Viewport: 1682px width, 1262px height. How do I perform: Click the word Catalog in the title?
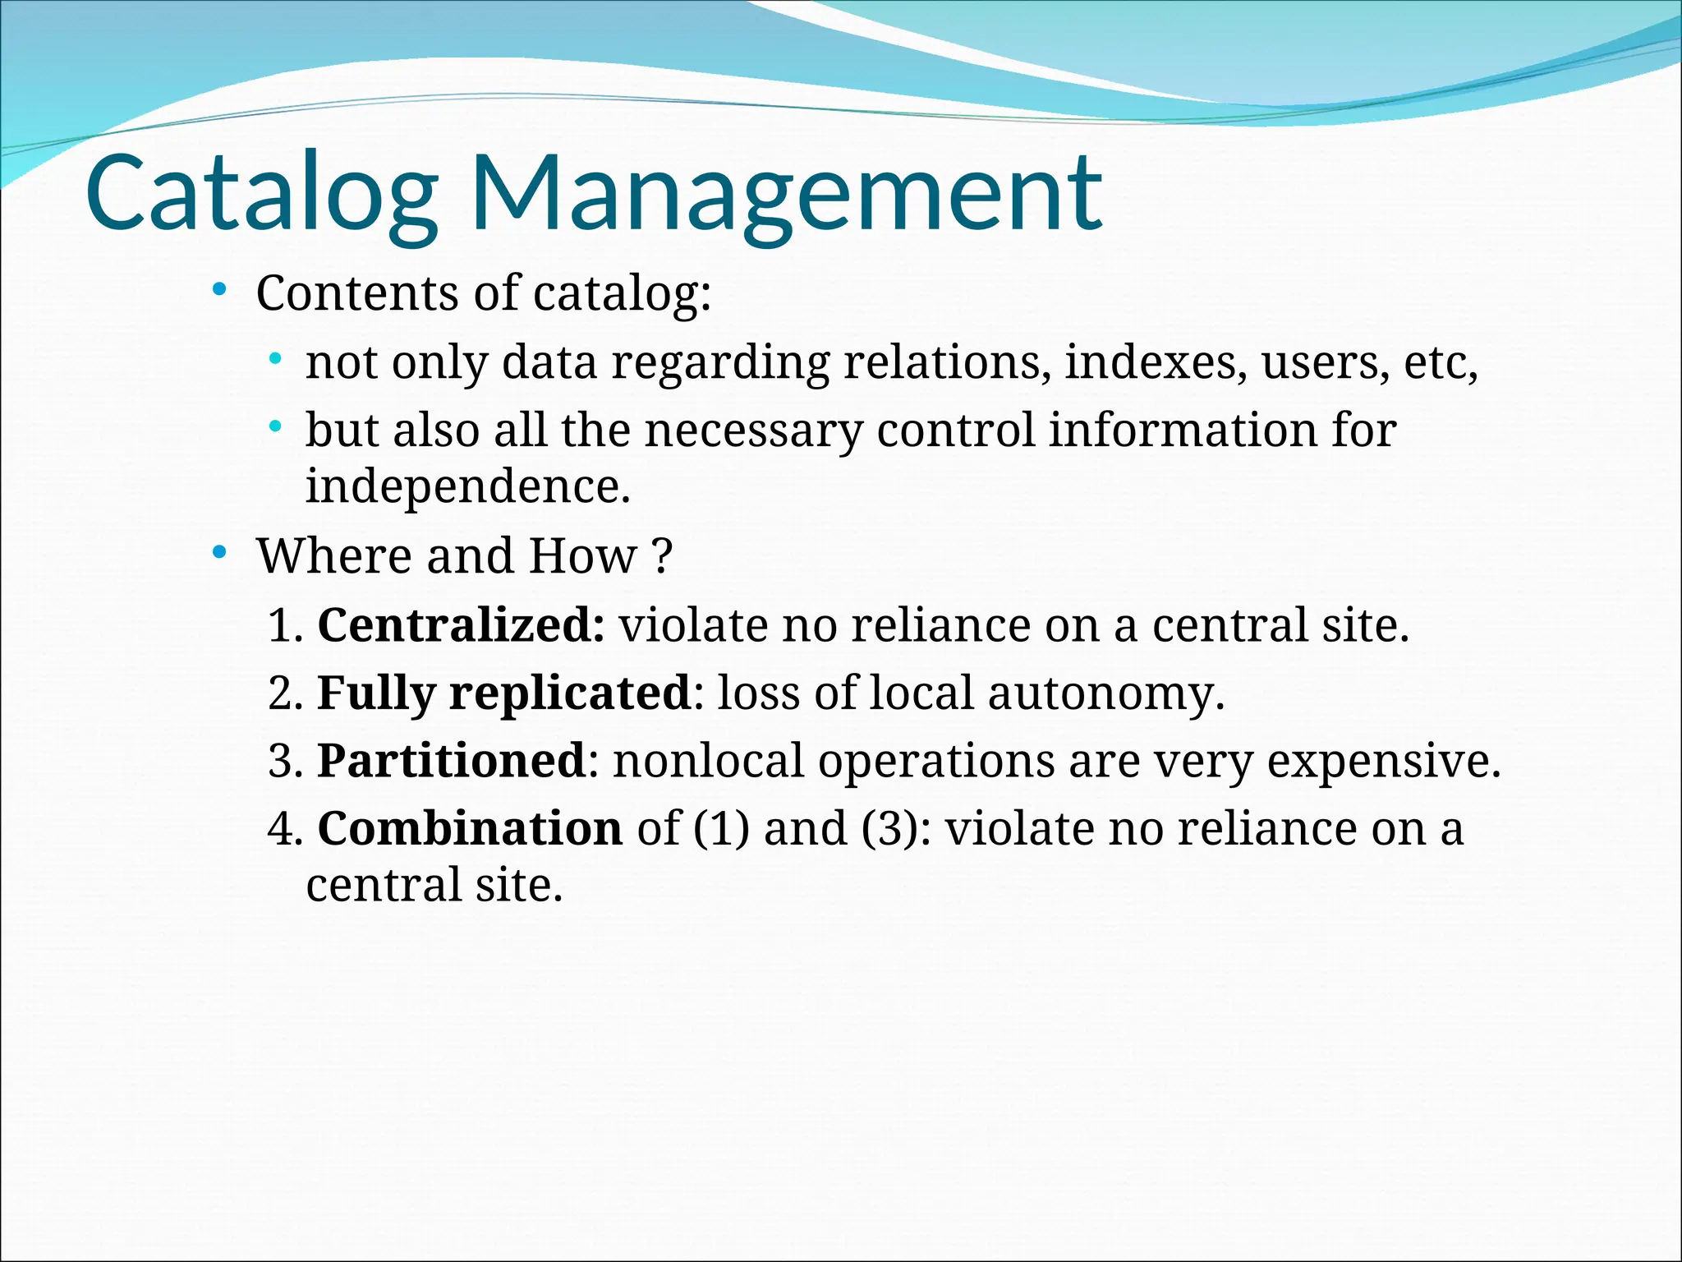[261, 194]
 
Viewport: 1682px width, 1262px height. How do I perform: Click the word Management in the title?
[786, 194]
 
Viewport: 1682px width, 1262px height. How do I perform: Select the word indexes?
[1155, 362]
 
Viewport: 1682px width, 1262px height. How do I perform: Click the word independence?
[467, 486]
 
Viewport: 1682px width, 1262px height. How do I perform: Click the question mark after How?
[664, 556]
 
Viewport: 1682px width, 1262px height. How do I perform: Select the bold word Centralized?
[461, 625]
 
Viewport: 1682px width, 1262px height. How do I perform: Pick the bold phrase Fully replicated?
[504, 693]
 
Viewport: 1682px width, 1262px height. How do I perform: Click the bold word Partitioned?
[451, 761]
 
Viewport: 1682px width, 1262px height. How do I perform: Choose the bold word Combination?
[470, 828]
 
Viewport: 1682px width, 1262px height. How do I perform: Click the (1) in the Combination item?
[721, 828]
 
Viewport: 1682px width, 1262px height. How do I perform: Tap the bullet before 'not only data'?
[276, 359]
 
